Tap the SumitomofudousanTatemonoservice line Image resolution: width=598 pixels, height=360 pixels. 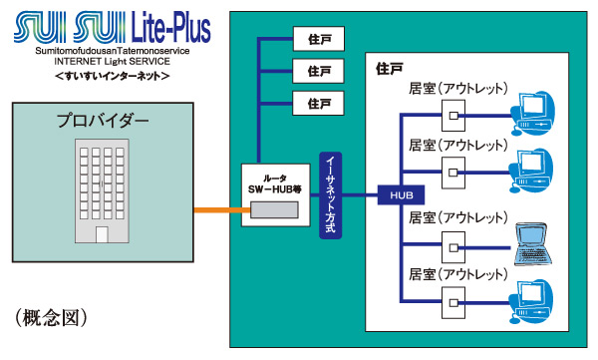[111, 50]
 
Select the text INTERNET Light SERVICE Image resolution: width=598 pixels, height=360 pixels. [111, 62]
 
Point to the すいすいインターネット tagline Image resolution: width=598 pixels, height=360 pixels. [111, 76]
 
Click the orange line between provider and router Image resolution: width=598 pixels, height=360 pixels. [217, 209]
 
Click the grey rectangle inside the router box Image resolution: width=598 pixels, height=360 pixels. [274, 208]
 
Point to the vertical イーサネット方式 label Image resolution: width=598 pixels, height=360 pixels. [331, 195]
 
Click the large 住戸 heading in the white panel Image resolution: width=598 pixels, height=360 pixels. [390, 69]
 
